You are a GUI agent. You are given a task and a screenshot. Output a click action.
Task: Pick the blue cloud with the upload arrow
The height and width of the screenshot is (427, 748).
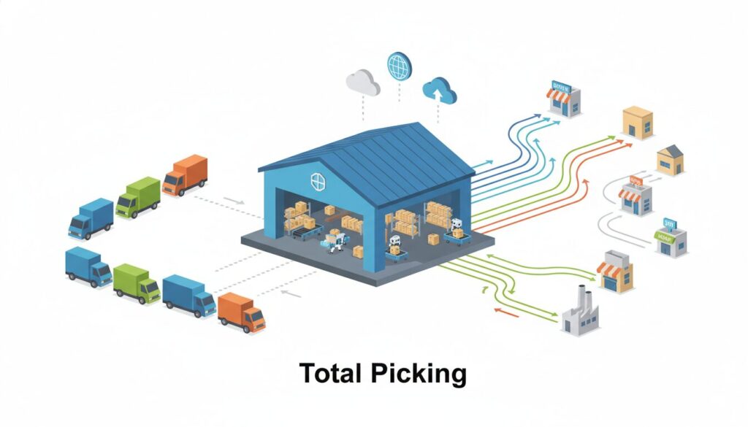[439, 91]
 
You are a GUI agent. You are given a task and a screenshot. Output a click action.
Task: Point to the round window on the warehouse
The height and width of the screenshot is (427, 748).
[318, 182]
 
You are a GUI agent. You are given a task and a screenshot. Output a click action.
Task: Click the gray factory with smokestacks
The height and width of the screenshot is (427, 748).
[580, 311]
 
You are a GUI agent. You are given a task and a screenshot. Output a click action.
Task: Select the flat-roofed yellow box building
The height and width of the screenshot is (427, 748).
[637, 121]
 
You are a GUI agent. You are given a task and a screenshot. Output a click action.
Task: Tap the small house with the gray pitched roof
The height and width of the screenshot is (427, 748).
[670, 160]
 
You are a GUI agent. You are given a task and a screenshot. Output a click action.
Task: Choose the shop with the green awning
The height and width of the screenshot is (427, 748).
[670, 238]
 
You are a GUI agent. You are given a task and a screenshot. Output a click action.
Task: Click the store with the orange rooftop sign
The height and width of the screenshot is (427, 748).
[635, 193]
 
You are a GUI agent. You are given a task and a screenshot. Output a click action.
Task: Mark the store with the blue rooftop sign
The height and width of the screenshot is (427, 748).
[565, 99]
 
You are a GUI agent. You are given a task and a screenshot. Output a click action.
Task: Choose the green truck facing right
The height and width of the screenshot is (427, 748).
[136, 283]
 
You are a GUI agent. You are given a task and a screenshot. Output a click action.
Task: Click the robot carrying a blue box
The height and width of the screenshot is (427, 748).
[335, 242]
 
